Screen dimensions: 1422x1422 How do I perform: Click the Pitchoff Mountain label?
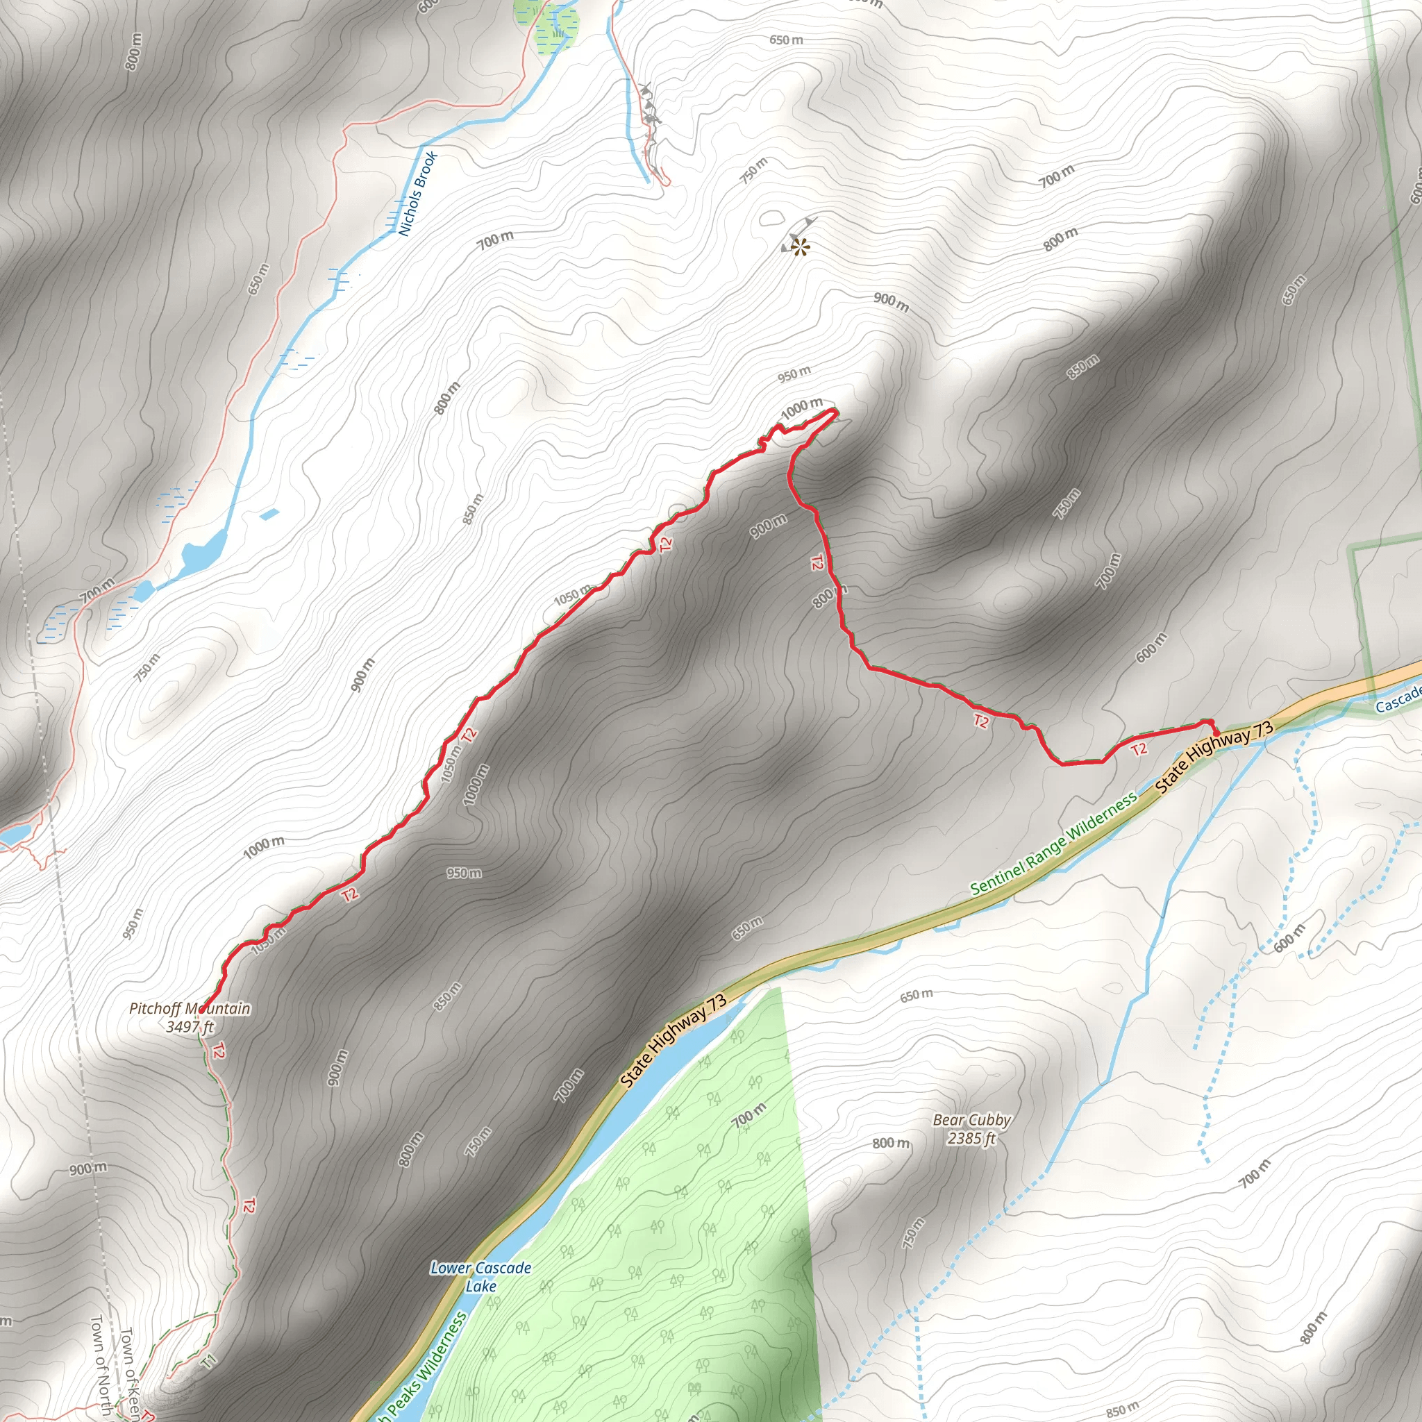tap(189, 1007)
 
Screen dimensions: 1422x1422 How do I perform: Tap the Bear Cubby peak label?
tap(971, 1119)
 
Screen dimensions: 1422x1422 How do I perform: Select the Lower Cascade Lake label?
tap(480, 1276)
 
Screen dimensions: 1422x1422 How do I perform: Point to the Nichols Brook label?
tap(417, 194)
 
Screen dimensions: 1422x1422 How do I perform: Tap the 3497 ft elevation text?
tap(189, 1026)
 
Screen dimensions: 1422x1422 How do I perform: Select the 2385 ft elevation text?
tap(971, 1138)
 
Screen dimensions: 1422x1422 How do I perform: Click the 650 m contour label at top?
tap(786, 40)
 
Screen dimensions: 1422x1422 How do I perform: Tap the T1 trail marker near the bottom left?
tap(209, 1361)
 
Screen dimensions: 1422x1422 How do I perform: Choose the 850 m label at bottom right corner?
tap(1122, 1409)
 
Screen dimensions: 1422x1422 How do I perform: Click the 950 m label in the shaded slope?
tap(464, 873)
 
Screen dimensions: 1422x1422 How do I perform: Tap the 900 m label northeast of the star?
tap(891, 302)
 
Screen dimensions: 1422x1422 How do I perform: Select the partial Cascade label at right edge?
tap(1398, 700)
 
